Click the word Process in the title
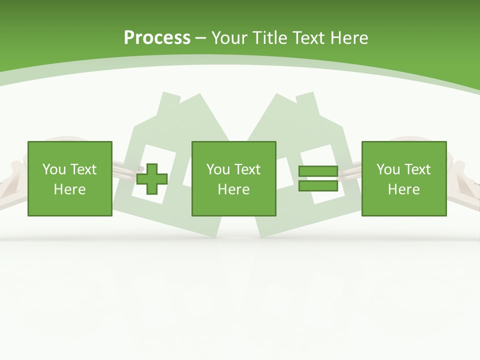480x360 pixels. (x=157, y=37)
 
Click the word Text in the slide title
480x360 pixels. (x=309, y=37)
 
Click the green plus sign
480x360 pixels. (x=152, y=178)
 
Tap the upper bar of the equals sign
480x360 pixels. (x=318, y=171)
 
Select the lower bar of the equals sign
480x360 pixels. (x=318, y=186)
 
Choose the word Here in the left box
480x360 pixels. (x=69, y=189)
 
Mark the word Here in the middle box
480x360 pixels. (x=233, y=189)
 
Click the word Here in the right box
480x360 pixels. (x=403, y=189)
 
